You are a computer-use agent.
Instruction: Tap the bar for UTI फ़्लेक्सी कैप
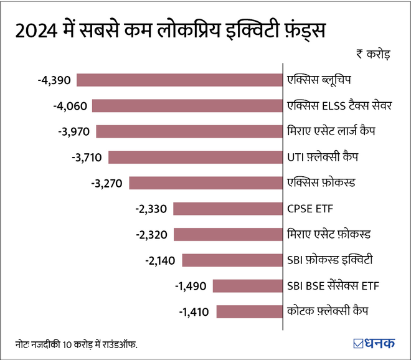coord(195,157)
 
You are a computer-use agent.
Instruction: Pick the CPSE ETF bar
coord(227,208)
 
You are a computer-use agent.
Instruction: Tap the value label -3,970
coord(75,131)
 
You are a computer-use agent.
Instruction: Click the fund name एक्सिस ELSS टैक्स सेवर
coord(340,106)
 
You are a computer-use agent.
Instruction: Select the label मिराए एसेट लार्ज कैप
coord(331,131)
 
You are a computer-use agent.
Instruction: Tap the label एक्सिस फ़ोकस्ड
coord(320,182)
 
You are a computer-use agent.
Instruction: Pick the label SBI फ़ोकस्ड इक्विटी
coord(329,260)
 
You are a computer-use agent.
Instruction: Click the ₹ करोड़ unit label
coord(374,54)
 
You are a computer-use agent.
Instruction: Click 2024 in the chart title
coord(37,29)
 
